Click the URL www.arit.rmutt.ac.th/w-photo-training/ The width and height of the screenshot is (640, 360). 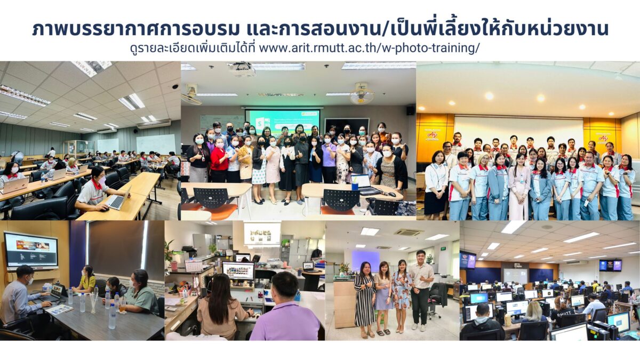tap(370, 48)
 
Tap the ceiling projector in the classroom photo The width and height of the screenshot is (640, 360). tap(242, 69)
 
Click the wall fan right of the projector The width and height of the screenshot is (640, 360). tap(362, 94)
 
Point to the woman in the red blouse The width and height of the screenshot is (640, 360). tap(219, 159)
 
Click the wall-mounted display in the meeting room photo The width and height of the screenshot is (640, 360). tap(31, 250)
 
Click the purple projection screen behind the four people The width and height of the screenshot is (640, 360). tap(366, 261)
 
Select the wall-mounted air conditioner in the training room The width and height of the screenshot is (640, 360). tap(154, 124)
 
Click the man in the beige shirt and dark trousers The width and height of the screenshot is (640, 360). tap(420, 290)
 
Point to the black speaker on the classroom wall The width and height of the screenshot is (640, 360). tap(410, 110)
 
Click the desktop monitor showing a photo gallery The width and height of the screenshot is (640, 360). tap(238, 271)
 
